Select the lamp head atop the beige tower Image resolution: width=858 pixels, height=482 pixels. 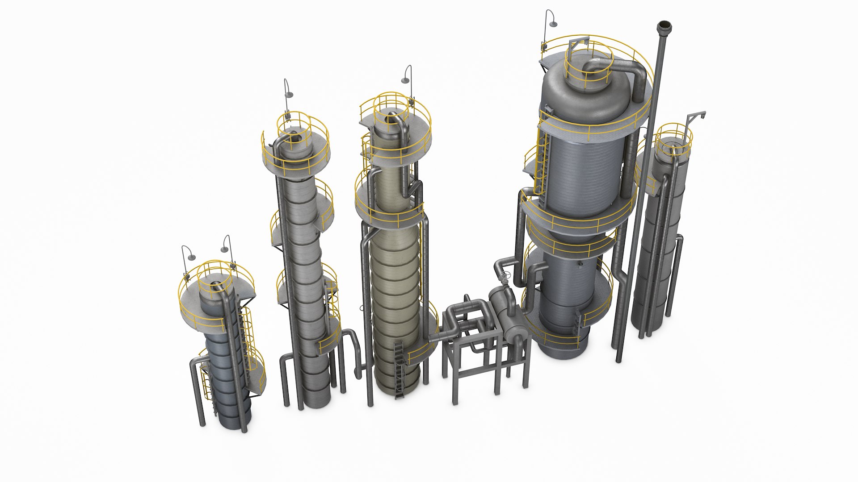point(404,80)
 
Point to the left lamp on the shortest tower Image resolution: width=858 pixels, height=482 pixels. point(192,258)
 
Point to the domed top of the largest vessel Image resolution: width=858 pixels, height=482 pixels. point(581,96)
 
